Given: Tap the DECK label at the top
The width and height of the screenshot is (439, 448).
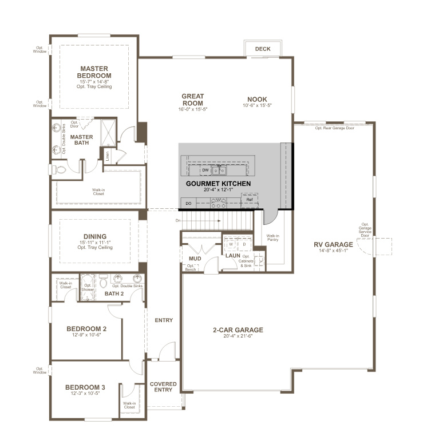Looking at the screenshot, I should (263, 49).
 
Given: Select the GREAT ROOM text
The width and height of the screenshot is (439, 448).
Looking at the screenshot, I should (193, 100).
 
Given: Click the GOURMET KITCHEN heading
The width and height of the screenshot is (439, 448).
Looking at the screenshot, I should (218, 184).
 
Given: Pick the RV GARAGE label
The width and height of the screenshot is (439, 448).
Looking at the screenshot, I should (333, 245).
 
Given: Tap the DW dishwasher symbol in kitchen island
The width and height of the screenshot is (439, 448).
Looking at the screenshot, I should (205, 170).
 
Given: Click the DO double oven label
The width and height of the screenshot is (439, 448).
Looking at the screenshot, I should (188, 203).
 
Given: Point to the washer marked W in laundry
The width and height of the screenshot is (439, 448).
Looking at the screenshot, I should (231, 244).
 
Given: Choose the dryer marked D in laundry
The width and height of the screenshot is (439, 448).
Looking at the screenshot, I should (244, 244).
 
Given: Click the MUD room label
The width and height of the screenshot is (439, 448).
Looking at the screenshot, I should (195, 259).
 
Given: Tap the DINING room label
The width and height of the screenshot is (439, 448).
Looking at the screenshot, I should (94, 236).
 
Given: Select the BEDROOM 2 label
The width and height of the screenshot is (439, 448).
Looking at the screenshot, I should (86, 329).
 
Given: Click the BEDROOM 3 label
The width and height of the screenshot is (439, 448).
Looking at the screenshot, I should (85, 387).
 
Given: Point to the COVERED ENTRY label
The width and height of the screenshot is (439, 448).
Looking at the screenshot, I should (163, 387).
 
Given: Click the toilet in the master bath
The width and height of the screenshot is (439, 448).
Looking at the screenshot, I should (61, 170).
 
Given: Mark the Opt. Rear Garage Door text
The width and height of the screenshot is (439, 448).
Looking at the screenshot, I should (334, 128).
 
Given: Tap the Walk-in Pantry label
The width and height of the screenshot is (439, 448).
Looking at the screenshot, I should (272, 237).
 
